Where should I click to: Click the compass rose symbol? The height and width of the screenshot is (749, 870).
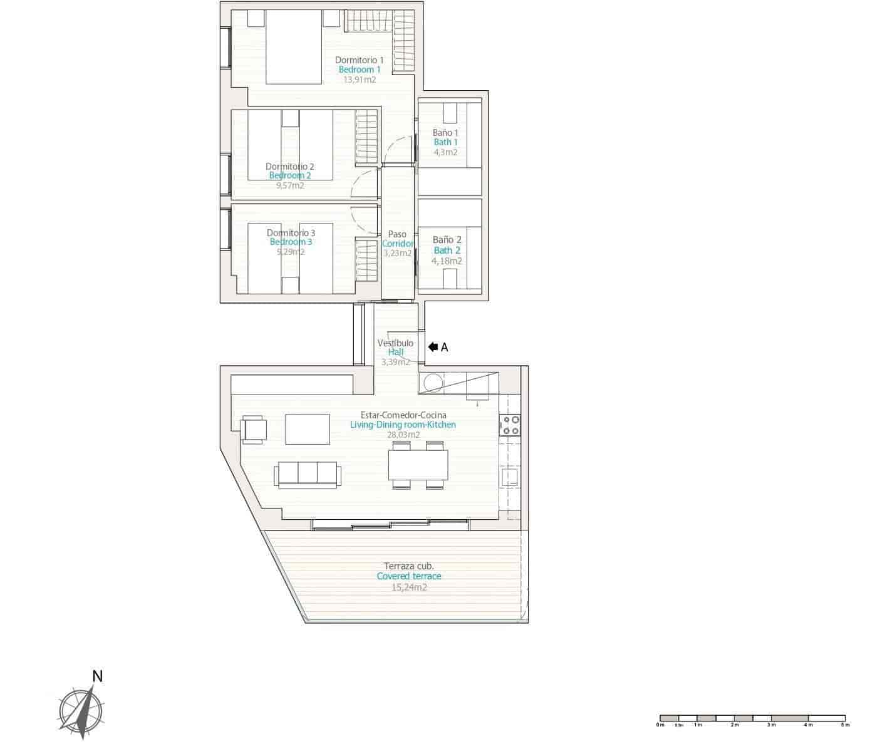coord(81,712)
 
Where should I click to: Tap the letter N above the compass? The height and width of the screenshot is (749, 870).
coord(97,676)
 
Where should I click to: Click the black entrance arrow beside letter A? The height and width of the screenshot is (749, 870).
coord(433,347)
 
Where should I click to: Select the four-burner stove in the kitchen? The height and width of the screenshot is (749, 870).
coord(510,425)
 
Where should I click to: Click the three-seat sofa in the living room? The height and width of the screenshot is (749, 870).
coord(308,474)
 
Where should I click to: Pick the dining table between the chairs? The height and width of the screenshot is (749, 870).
coord(418,465)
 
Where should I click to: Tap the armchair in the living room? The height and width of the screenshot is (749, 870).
coord(254,430)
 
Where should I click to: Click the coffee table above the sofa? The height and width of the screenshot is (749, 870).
coord(308,429)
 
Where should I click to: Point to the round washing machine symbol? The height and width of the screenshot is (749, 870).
coord(432,382)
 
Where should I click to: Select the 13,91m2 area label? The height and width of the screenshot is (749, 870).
coord(360,80)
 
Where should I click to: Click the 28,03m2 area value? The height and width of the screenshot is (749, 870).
coord(403,435)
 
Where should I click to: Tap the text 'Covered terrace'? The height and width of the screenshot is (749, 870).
coord(409,576)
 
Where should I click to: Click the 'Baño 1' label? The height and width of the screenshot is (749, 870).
coord(445,133)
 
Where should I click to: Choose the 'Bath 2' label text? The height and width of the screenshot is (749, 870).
coord(447,251)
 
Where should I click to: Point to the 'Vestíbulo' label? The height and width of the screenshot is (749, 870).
coord(395,343)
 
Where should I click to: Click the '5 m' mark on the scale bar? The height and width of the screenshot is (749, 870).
coord(845,725)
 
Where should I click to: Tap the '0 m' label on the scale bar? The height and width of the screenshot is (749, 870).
coord(660,725)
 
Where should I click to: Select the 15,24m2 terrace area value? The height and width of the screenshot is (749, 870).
coord(409,587)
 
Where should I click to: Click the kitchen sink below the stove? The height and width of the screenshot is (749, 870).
coord(509,478)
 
